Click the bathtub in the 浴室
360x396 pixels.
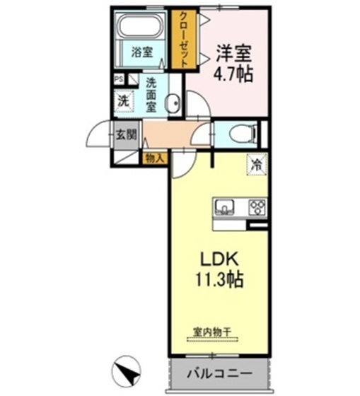pos(141,26)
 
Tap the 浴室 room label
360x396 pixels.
pos(142,52)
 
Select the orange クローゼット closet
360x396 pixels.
pos(184,39)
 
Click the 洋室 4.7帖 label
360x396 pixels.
pos(233,63)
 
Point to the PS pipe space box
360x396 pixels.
pos(119,79)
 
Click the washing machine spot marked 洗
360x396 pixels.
pos(124,102)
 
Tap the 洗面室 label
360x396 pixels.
pos(151,95)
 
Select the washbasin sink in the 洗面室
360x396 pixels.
pos(173,103)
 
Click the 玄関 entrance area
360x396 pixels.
pos(126,135)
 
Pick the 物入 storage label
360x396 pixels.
pos(154,159)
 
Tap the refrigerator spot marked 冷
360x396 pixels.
pos(257,165)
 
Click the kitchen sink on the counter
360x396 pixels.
pos(224,206)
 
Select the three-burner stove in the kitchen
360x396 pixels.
pos(257,207)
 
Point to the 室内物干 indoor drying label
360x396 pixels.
pos(212,332)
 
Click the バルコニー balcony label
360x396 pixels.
pos(219,373)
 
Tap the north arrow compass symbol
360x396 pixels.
pos(126,369)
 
